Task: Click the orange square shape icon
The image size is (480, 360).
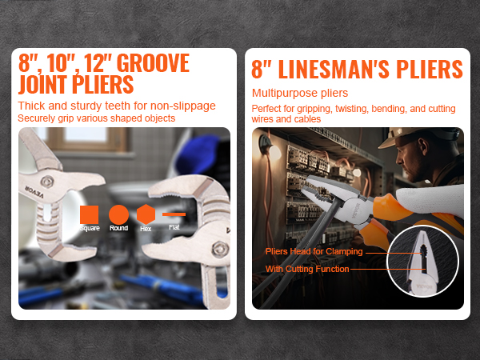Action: [89, 214]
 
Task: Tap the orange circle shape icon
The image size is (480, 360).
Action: [118, 214]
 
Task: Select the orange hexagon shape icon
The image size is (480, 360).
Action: [146, 214]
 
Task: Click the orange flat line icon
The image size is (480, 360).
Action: [174, 214]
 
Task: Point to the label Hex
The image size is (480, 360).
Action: [146, 229]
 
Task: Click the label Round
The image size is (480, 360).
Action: [118, 228]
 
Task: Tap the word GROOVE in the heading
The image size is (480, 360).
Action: [153, 63]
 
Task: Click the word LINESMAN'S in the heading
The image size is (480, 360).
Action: [334, 69]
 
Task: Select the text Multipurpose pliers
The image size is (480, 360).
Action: [300, 93]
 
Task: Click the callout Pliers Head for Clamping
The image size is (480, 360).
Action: [314, 252]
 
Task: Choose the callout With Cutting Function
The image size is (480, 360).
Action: [307, 269]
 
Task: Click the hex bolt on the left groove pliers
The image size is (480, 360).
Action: [47, 182]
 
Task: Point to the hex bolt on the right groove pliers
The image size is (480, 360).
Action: [220, 249]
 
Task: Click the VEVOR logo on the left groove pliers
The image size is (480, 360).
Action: [34, 192]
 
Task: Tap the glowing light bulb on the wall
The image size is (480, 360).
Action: [274, 152]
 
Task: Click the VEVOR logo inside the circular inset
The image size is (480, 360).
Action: [424, 287]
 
